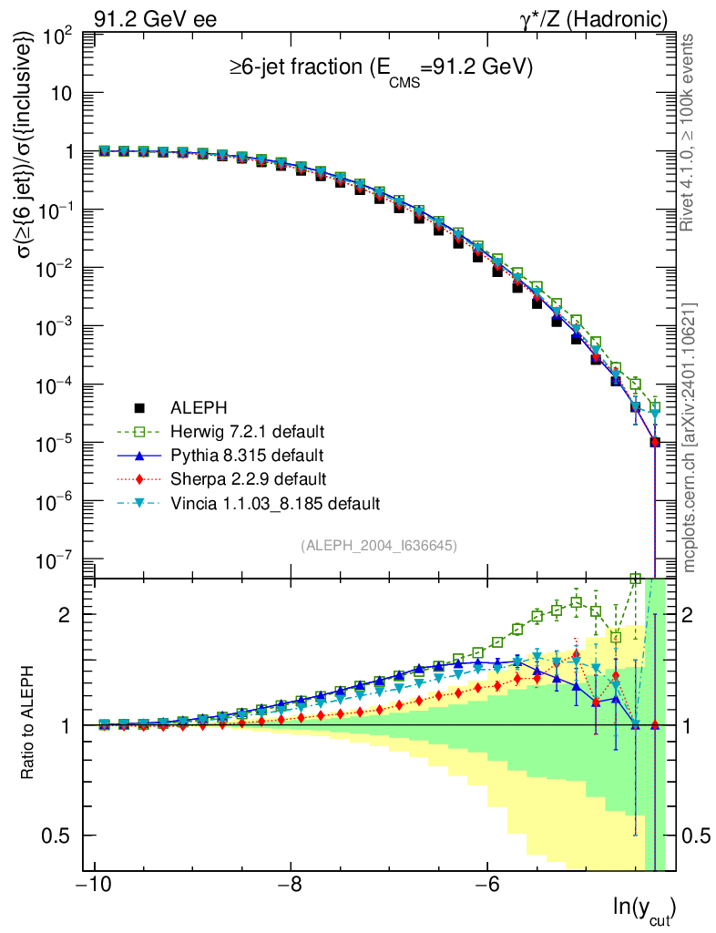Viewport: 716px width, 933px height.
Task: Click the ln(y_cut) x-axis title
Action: tap(645, 908)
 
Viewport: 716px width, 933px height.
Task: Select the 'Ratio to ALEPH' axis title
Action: tap(29, 724)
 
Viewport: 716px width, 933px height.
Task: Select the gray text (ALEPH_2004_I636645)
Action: tap(379, 545)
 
